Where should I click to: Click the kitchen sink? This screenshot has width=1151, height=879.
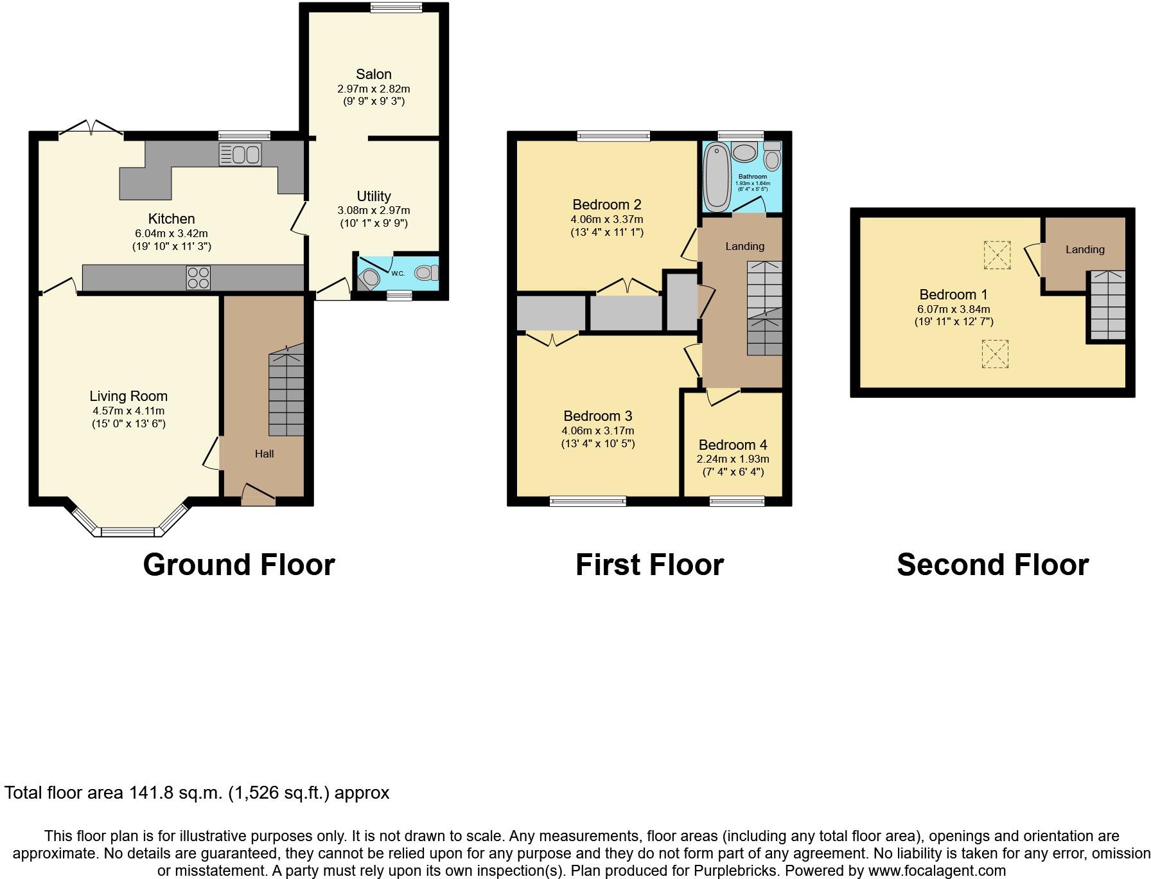(x=240, y=155)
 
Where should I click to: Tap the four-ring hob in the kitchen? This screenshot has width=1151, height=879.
(x=198, y=278)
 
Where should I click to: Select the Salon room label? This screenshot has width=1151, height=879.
(x=373, y=75)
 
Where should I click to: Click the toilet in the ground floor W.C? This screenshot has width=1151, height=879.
(x=426, y=273)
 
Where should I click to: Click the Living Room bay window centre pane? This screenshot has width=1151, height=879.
(x=128, y=531)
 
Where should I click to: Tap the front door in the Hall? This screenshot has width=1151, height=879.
(x=258, y=495)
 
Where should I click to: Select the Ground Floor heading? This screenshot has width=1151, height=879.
(x=239, y=565)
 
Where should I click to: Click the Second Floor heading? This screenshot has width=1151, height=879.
(x=992, y=565)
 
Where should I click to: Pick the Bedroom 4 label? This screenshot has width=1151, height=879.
(x=733, y=445)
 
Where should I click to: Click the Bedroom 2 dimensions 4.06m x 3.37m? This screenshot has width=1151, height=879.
(x=607, y=219)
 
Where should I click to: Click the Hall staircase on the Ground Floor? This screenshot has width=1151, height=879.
(x=286, y=392)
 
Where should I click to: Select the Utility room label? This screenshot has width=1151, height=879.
(x=374, y=196)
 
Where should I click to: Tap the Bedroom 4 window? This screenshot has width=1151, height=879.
(x=737, y=501)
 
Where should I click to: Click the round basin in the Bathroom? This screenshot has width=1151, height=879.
(x=744, y=153)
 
